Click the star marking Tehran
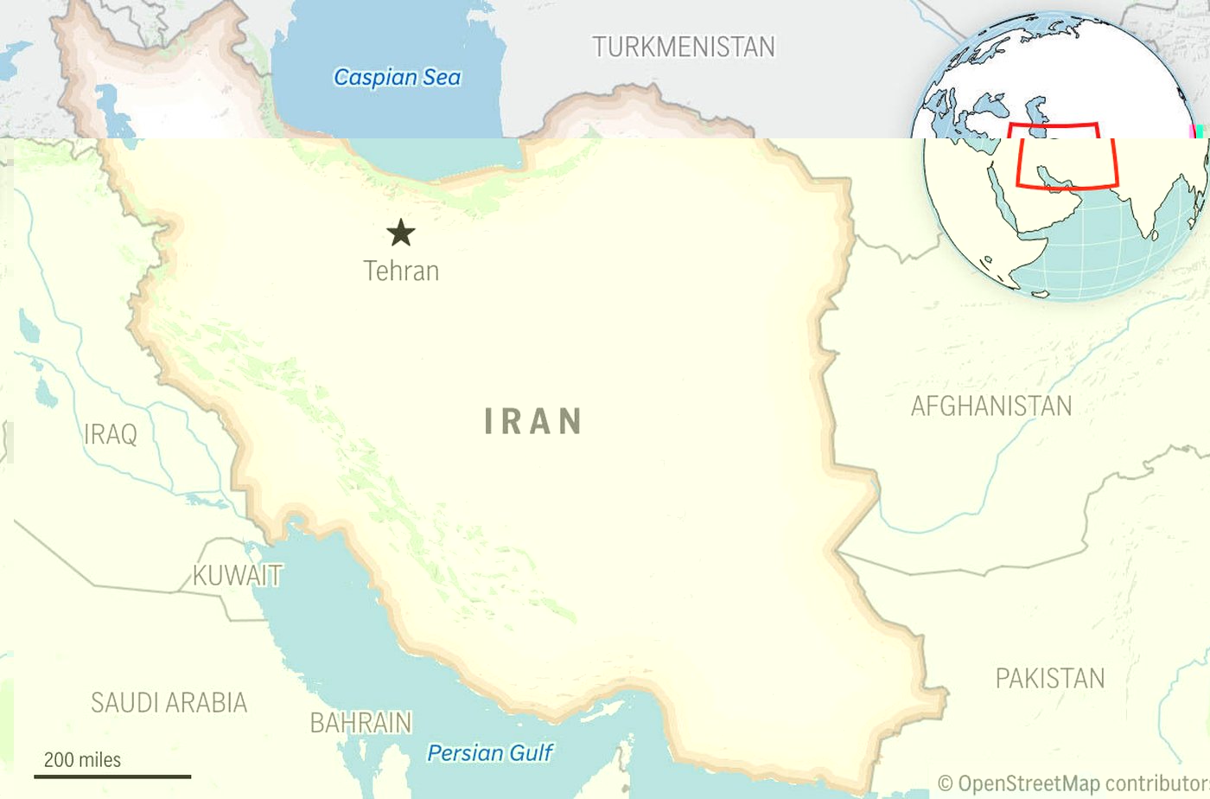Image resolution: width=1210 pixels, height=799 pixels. [x=400, y=233]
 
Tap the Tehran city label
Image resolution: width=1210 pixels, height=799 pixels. [x=401, y=271]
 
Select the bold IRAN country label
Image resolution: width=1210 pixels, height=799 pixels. [x=532, y=421]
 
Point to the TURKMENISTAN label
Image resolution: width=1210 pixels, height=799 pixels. [x=683, y=47]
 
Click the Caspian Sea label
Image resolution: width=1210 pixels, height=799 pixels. [x=397, y=77]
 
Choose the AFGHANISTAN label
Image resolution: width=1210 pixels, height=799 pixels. [x=990, y=406]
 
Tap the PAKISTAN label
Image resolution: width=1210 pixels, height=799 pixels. [x=1049, y=678]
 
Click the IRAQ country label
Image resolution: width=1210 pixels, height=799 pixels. [x=110, y=433]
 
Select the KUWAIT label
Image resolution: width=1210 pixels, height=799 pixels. [x=237, y=575]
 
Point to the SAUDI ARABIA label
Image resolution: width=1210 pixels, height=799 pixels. [x=169, y=702]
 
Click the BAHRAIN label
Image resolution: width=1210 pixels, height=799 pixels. [x=360, y=722]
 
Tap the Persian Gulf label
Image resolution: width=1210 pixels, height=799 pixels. [x=489, y=752]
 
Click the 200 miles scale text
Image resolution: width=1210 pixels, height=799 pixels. [x=82, y=759]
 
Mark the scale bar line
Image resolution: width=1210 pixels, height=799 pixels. [x=112, y=777]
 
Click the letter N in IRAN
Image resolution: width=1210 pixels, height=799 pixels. [x=570, y=421]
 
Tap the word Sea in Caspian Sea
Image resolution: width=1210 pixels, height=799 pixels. [x=442, y=77]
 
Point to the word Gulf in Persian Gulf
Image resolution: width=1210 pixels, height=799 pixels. [x=530, y=752]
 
